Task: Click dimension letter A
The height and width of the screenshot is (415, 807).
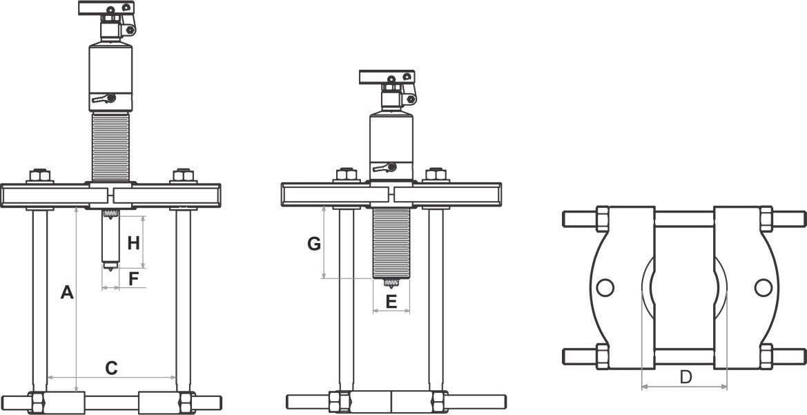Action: [67, 293]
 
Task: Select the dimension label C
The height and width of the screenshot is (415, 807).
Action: [111, 367]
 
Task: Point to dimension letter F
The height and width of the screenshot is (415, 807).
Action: [133, 279]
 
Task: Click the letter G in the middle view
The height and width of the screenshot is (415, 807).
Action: [314, 244]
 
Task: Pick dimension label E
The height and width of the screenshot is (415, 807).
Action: [391, 302]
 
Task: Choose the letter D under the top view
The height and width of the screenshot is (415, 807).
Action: [685, 377]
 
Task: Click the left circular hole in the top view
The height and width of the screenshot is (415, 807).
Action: [605, 287]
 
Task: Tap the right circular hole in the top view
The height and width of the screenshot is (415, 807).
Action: [763, 287]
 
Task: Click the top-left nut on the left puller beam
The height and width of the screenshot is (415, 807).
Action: [39, 175]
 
